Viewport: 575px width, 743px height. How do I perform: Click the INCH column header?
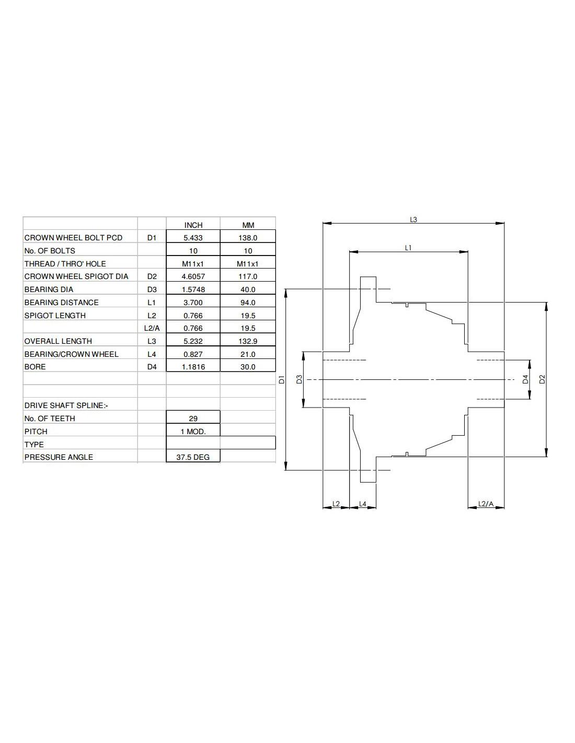pyautogui.click(x=193, y=225)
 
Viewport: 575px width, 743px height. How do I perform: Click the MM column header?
pyautogui.click(x=248, y=225)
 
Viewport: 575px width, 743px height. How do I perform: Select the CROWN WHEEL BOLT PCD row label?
pyautogui.click(x=73, y=238)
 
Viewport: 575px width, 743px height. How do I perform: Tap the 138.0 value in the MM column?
pyautogui.click(x=248, y=238)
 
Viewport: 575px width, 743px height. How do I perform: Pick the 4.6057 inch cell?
pyautogui.click(x=193, y=276)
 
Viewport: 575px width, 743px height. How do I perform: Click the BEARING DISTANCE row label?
pyautogui.click(x=61, y=303)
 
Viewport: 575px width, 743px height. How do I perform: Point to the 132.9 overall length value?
pyautogui.click(x=248, y=341)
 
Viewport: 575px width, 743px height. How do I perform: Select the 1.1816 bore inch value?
pyautogui.click(x=193, y=367)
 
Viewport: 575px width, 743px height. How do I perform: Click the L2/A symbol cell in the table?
pyautogui.click(x=152, y=328)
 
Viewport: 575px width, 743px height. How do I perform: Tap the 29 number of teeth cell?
pyautogui.click(x=193, y=419)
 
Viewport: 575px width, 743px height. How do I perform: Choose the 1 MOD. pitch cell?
pyautogui.click(x=193, y=432)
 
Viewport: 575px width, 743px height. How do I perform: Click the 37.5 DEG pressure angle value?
pyautogui.click(x=193, y=457)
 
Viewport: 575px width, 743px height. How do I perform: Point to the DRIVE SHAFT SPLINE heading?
pyautogui.click(x=66, y=405)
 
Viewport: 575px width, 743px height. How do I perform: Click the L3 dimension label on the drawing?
pyautogui.click(x=413, y=219)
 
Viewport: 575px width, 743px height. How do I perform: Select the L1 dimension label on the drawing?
pyautogui.click(x=408, y=248)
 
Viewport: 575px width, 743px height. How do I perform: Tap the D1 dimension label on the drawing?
pyautogui.click(x=281, y=380)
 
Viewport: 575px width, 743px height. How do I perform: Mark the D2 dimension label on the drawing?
pyautogui.click(x=542, y=379)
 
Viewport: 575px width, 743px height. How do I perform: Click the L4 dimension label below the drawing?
pyautogui.click(x=363, y=504)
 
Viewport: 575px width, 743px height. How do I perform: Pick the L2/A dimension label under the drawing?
pyautogui.click(x=486, y=504)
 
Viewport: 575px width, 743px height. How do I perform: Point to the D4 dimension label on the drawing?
pyautogui.click(x=525, y=379)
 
